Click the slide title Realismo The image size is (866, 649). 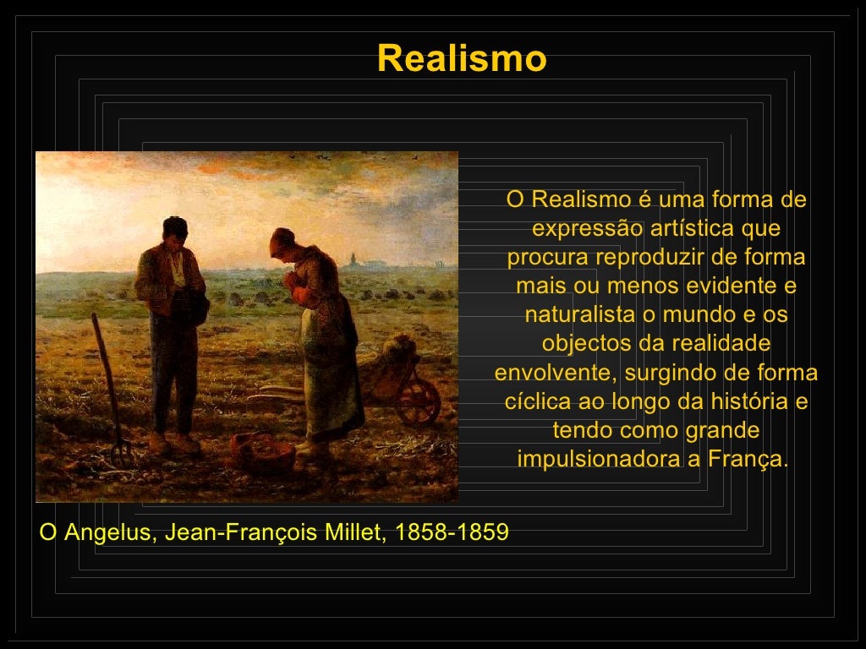click(x=462, y=59)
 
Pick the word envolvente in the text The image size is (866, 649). click(x=556, y=374)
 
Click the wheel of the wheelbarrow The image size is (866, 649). click(x=419, y=401)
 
